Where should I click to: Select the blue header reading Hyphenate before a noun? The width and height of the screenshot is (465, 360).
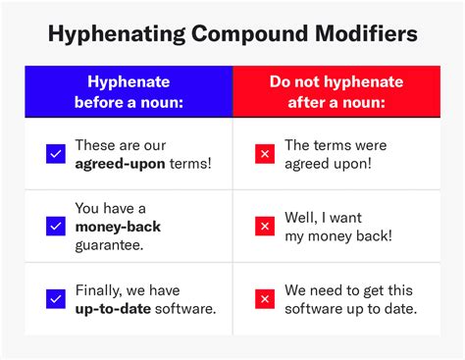click(x=129, y=91)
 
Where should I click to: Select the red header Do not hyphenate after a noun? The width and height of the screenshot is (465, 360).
click(x=336, y=91)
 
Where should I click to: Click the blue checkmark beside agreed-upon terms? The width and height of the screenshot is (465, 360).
click(x=55, y=153)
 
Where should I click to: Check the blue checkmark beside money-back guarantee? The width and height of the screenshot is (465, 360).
click(x=55, y=226)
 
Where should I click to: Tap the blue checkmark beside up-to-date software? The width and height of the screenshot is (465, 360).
click(x=55, y=298)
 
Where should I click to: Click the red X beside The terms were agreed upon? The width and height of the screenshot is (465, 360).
click(x=264, y=153)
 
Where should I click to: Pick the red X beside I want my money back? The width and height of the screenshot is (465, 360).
click(x=264, y=226)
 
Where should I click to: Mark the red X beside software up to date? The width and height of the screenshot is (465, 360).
click(x=264, y=298)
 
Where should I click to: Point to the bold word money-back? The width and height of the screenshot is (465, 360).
click(x=118, y=227)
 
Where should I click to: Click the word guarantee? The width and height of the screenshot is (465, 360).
click(x=110, y=244)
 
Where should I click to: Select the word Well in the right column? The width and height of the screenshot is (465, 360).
click(x=302, y=218)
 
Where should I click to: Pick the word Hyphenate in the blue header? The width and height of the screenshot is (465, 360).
click(x=129, y=81)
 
